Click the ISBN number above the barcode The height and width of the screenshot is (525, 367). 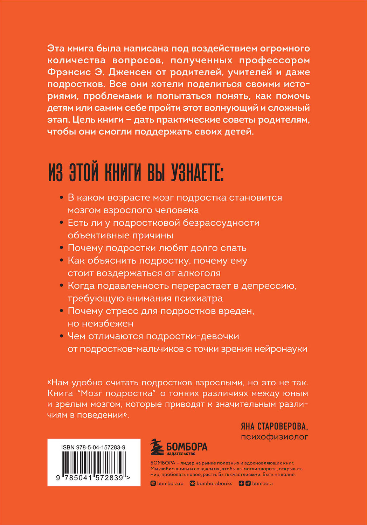point(93,447)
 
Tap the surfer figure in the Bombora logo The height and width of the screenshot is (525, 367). point(157,447)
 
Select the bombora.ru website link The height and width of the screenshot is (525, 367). point(170,483)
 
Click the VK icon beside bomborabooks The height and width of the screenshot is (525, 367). point(192,483)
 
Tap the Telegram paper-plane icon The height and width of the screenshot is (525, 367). point(248,483)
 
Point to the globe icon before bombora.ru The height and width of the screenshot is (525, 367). point(153,483)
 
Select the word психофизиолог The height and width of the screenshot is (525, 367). point(275,436)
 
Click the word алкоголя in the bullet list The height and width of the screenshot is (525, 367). point(202,273)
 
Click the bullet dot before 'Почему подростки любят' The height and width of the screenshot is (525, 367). point(61,248)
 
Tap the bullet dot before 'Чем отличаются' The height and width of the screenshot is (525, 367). point(61,336)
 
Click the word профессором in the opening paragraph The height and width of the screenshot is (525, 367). point(274,60)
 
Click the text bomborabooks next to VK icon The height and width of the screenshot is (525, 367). point(214,483)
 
